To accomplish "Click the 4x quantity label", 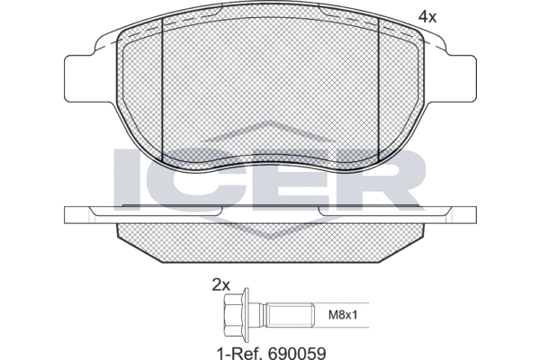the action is click(427, 16).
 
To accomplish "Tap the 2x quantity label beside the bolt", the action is click(220, 285).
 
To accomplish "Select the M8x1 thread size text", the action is click(342, 315).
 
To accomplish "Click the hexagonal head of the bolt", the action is click(233, 314).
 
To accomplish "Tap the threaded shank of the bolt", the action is click(291, 315).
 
